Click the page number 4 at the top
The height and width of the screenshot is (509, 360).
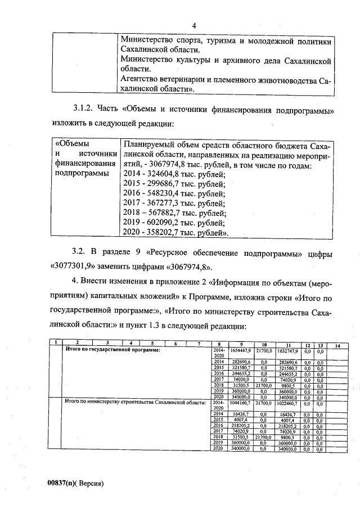[194, 26]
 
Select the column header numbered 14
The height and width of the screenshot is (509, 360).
[337, 344]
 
